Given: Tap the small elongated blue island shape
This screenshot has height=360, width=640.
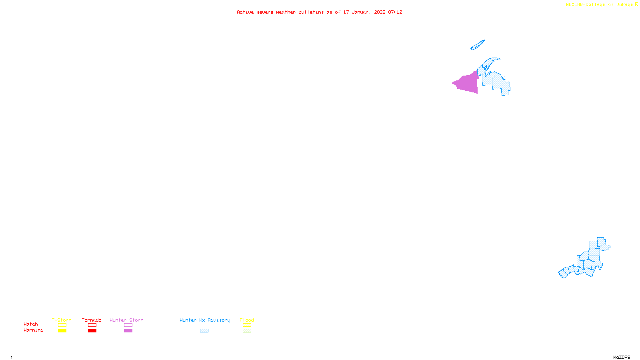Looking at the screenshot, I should tap(478, 45).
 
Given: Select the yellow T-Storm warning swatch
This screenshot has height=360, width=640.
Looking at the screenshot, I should tap(62, 331).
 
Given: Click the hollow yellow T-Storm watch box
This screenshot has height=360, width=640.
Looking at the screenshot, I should tap(62, 325).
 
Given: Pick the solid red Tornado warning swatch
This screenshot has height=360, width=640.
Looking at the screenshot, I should tap(92, 331).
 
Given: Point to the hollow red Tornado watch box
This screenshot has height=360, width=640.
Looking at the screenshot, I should tap(92, 325).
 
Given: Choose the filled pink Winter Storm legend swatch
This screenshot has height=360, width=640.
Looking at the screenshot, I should tap(128, 331).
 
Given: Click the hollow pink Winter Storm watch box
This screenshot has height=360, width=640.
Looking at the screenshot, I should tap(128, 325).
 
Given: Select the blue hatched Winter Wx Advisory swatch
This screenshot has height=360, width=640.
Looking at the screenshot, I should tap(204, 331).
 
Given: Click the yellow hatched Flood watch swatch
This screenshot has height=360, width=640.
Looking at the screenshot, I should tap(247, 325).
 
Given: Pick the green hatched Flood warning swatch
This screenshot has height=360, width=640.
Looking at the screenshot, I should tap(247, 331).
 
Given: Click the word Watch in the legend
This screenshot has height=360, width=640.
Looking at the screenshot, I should tap(31, 324).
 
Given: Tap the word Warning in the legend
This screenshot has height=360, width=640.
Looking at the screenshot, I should tap(33, 330).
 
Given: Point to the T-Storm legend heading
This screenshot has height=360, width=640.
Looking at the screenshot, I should tap(62, 320).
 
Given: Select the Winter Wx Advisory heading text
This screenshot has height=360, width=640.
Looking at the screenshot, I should tap(205, 320).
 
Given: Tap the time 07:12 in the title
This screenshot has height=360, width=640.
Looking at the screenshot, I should tap(395, 12).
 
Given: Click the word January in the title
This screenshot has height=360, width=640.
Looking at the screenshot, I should tap(362, 12).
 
